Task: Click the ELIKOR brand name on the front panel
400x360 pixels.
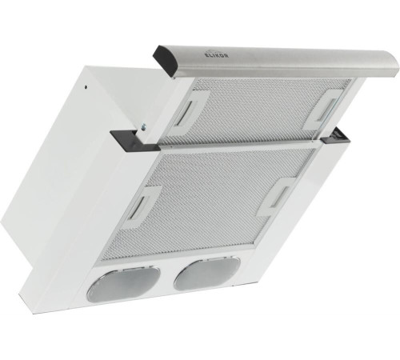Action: (214, 55)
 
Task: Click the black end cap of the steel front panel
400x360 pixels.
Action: (166, 61)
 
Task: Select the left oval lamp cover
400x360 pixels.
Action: (123, 283)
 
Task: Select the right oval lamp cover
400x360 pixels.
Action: (206, 273)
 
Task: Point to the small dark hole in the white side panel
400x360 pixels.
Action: (86, 87)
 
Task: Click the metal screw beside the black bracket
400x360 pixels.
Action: (144, 126)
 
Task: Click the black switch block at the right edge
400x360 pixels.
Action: (336, 136)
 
